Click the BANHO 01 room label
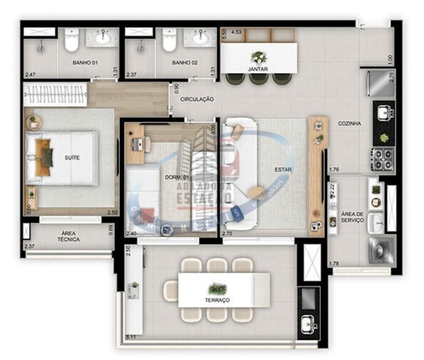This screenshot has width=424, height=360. [85, 63]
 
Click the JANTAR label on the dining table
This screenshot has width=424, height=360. [258, 69]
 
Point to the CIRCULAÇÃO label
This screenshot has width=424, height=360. [197, 99]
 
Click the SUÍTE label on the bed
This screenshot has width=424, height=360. [73, 158]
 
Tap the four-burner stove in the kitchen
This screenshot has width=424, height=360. [382, 159]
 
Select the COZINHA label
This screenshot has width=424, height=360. [349, 124]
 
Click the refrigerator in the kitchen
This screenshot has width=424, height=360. [380, 83]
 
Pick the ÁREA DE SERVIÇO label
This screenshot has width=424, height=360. [352, 217]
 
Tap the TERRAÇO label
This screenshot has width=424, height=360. [219, 300]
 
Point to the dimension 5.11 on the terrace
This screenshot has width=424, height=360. [131, 337]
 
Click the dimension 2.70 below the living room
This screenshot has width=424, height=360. [228, 233]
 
